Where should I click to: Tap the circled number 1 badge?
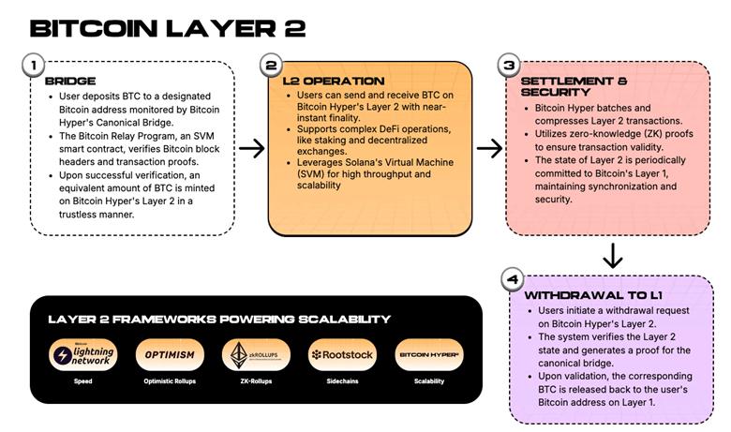tap(33, 65)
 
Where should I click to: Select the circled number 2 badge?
tap(272, 65)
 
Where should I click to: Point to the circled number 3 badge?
tap(509, 65)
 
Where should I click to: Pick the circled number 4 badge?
tap(512, 278)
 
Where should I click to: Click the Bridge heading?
tap(70, 82)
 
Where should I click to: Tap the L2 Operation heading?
tap(334, 82)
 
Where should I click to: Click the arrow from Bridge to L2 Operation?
tap(250, 148)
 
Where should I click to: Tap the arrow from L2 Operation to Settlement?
tap(489, 148)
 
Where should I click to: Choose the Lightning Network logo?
tap(82, 355)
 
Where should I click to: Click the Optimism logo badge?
tap(170, 355)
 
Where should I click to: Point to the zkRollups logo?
tap(249, 355)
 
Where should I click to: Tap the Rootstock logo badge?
tap(341, 355)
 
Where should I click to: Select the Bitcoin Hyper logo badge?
tap(429, 355)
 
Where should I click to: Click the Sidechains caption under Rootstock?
tap(341, 381)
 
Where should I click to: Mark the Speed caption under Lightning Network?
tap(82, 381)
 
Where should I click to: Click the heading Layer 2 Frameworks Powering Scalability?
tap(219, 320)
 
